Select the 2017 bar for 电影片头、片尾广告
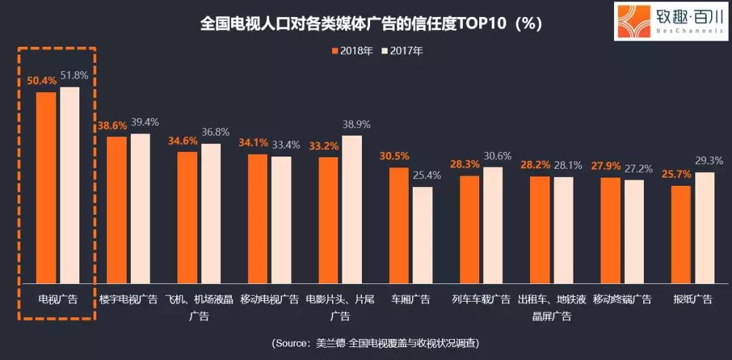pyautogui.click(x=352, y=209)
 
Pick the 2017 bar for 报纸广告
pyautogui.click(x=705, y=228)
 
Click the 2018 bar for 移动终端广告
pyautogui.click(x=610, y=231)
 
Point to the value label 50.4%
pyautogui.click(x=41, y=80)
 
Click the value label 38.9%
pyautogui.click(x=356, y=124)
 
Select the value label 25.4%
pyautogui.click(x=426, y=175)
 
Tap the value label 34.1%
pyautogui.click(x=252, y=143)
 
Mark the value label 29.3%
pyautogui.click(x=709, y=161)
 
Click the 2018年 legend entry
pyautogui.click(x=352, y=51)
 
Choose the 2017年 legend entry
pyautogui.click(x=402, y=51)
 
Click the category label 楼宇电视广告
pyautogui.click(x=129, y=299)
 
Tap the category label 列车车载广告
pyautogui.click(x=481, y=299)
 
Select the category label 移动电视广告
pyautogui.click(x=270, y=299)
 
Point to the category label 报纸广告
pyautogui.click(x=692, y=299)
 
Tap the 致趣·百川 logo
pyautogui.click(x=670, y=21)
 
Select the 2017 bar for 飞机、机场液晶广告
pyautogui.click(x=211, y=214)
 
